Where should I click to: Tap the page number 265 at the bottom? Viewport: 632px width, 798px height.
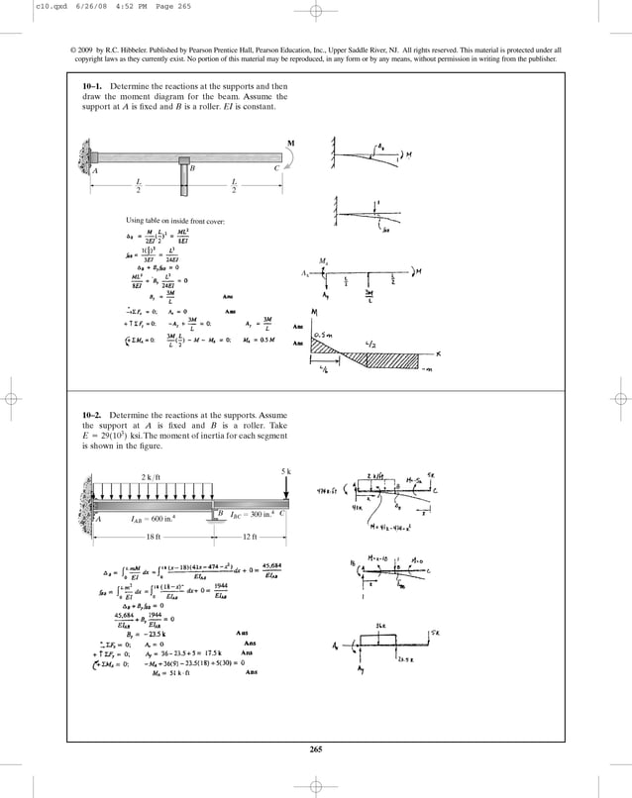(x=316, y=748)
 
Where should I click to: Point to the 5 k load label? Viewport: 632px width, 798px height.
(x=286, y=467)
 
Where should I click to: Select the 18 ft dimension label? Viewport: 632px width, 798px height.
(x=153, y=536)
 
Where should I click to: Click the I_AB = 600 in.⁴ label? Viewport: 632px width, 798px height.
(x=154, y=517)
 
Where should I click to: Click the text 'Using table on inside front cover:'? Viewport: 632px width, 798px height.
(x=175, y=220)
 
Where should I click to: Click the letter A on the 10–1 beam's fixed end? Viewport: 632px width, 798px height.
(x=96, y=169)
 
